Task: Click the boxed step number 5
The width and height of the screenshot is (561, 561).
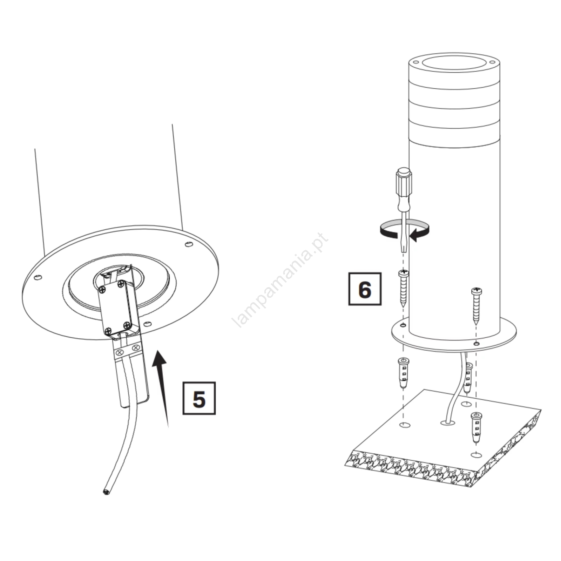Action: [199, 398]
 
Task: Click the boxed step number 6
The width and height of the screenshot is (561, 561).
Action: [365, 289]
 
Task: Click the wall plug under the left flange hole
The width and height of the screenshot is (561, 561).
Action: [403, 373]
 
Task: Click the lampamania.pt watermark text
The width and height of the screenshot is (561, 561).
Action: [280, 280]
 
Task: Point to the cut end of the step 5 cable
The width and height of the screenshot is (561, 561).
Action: [106, 492]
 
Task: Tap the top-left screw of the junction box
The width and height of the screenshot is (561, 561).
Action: [103, 289]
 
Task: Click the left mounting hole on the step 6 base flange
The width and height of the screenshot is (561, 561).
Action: [404, 325]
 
